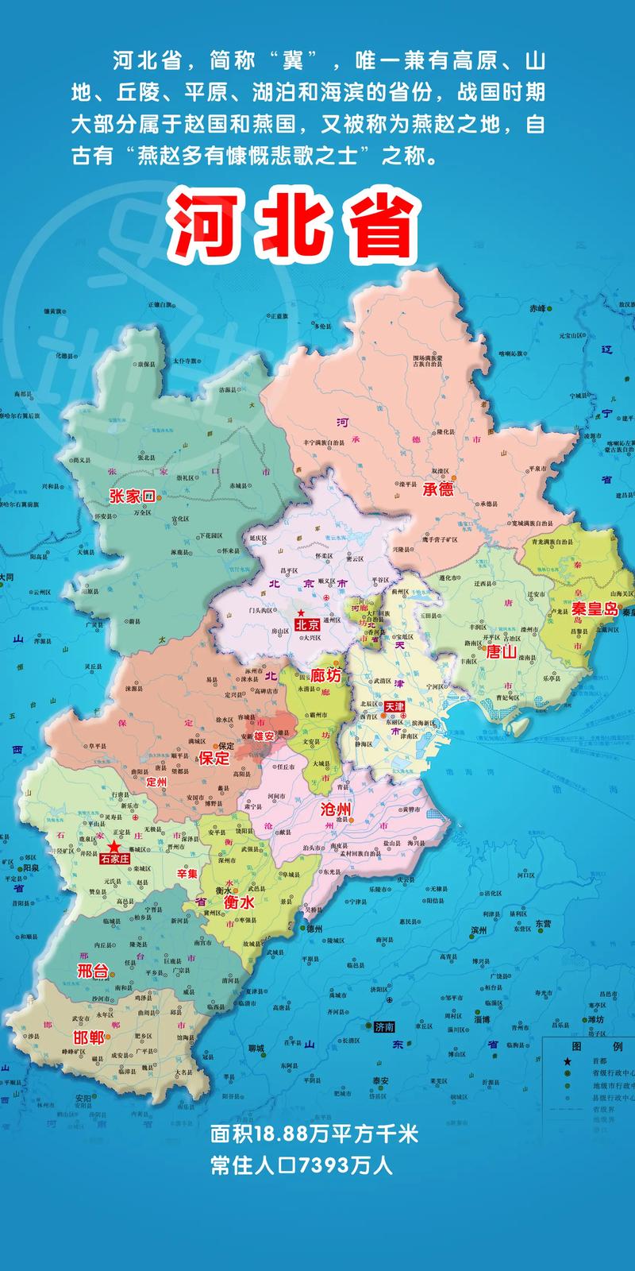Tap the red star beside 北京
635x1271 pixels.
301,612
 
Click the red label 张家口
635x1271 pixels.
131,496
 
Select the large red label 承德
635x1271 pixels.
438,489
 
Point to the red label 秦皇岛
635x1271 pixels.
595,609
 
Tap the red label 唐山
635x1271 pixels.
501,651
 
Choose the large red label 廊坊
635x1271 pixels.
326,676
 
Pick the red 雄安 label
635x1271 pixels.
264,736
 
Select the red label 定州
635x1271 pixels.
157,782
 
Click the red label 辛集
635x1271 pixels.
187,874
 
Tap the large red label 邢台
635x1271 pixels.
91,970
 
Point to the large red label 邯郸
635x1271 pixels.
88,1037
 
